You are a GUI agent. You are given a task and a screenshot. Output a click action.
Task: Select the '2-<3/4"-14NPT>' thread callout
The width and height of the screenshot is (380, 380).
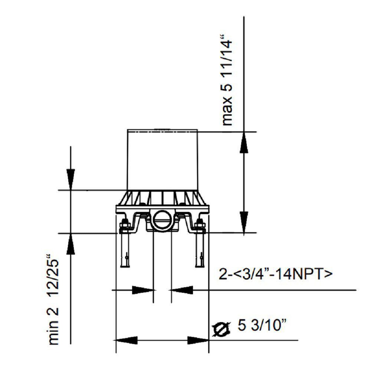276,275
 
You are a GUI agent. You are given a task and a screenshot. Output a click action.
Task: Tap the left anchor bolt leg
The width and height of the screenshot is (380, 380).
125,252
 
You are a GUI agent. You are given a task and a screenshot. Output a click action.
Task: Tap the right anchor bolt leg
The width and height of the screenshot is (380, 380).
200,252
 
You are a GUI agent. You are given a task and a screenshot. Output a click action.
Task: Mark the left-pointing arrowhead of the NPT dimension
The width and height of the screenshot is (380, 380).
181,290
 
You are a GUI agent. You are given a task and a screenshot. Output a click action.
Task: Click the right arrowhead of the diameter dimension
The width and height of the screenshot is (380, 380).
198,340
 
